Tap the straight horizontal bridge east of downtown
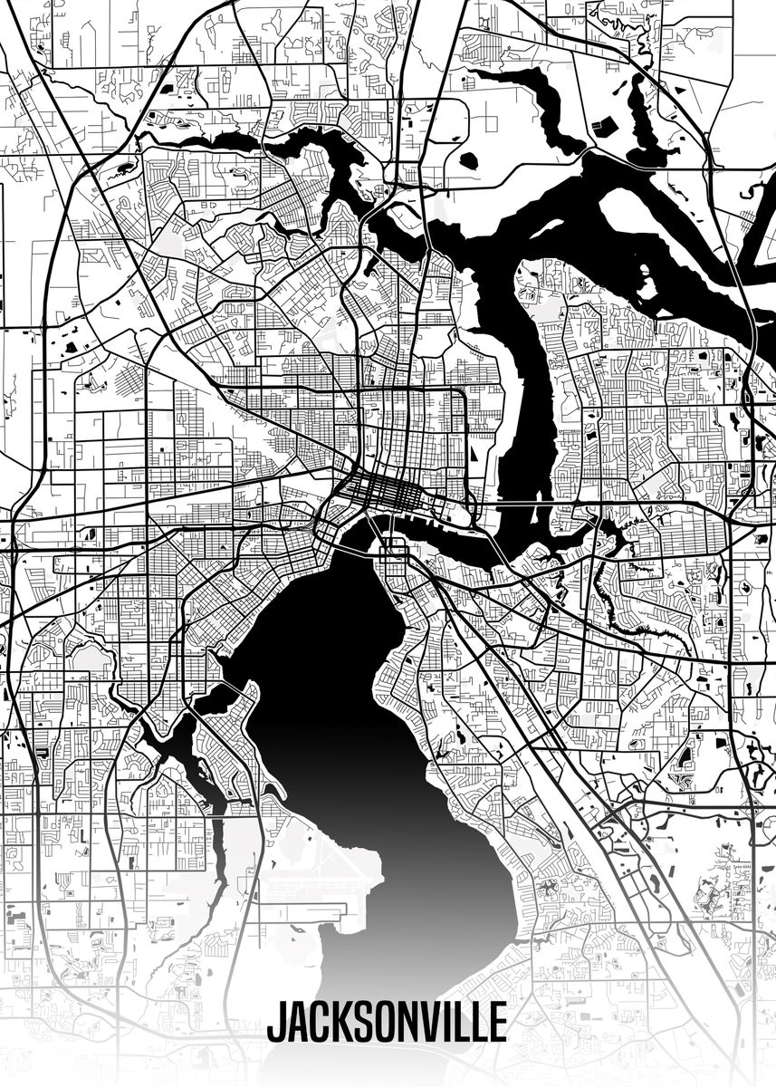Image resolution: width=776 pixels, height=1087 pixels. (x=539, y=501)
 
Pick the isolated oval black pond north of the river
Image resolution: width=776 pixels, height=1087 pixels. (x=468, y=161)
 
